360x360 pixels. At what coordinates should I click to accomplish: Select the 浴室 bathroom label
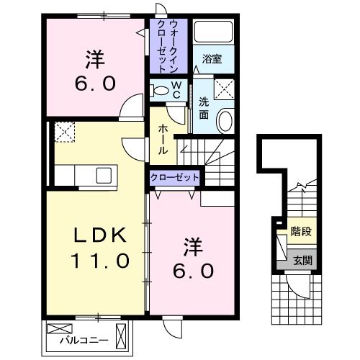[x=211, y=58]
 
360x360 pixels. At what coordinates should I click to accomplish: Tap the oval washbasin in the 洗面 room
[x=225, y=120]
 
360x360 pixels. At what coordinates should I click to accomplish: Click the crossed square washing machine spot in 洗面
[x=225, y=89]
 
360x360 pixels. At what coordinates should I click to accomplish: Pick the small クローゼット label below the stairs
[x=174, y=177]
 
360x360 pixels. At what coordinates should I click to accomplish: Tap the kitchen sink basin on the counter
[x=103, y=174]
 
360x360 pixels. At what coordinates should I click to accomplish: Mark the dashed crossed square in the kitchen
[x=64, y=132]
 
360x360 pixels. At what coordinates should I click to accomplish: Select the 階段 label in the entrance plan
[x=301, y=233]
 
